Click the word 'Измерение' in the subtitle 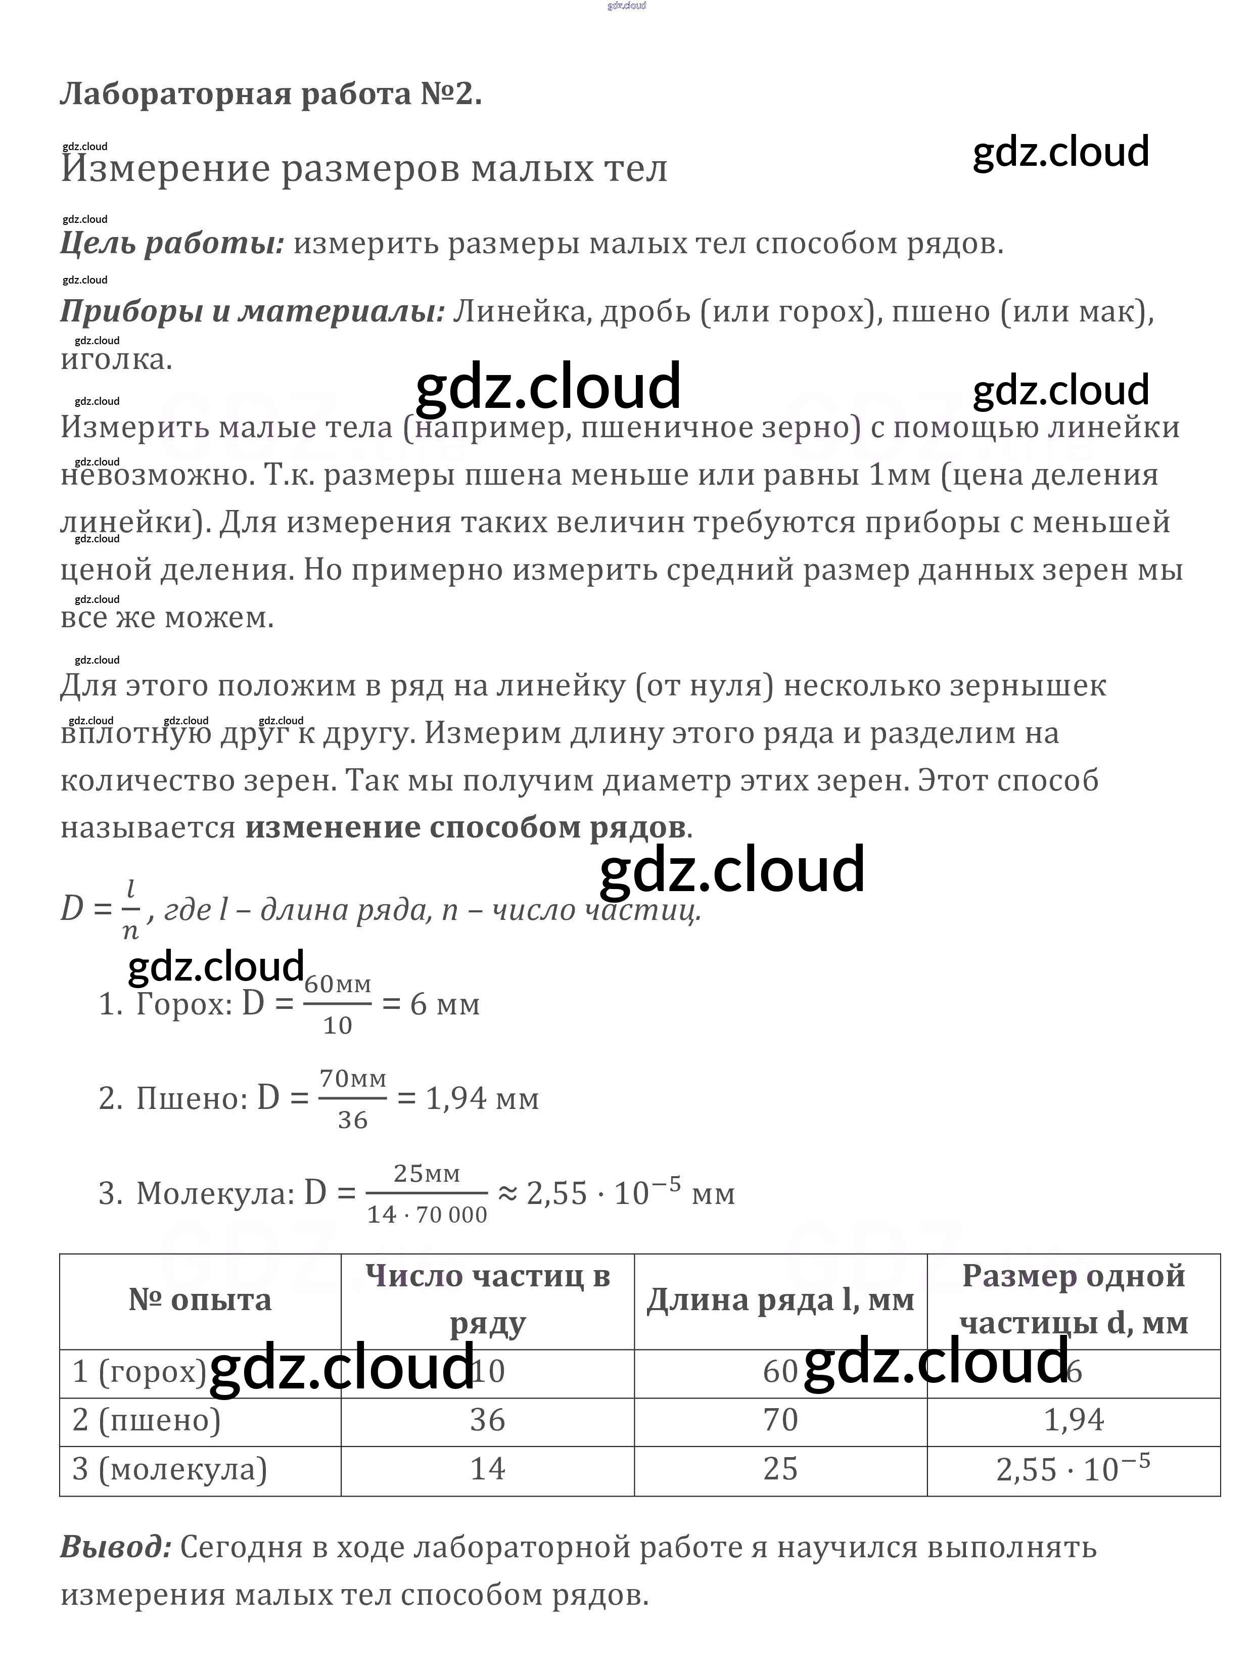click(x=165, y=169)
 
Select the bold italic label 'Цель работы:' click(x=172, y=244)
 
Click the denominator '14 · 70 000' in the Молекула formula click(x=427, y=1215)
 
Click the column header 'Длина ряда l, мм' click(x=780, y=1300)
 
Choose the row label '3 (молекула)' click(x=169, y=1469)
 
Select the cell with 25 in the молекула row click(x=780, y=1469)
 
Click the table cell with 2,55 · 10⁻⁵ click(x=1073, y=1469)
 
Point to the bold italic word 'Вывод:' click(x=116, y=1548)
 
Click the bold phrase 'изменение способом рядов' click(x=465, y=827)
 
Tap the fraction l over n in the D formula click(x=130, y=909)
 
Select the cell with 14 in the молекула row click(x=487, y=1469)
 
